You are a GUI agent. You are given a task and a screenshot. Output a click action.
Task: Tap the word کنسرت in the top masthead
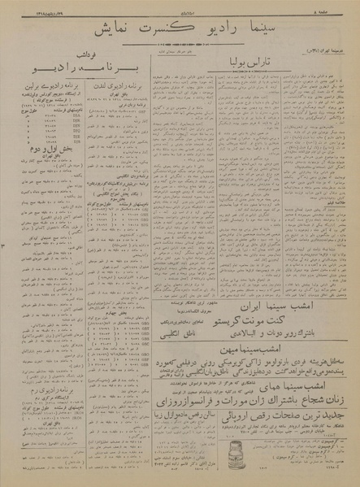coord(158,31)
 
